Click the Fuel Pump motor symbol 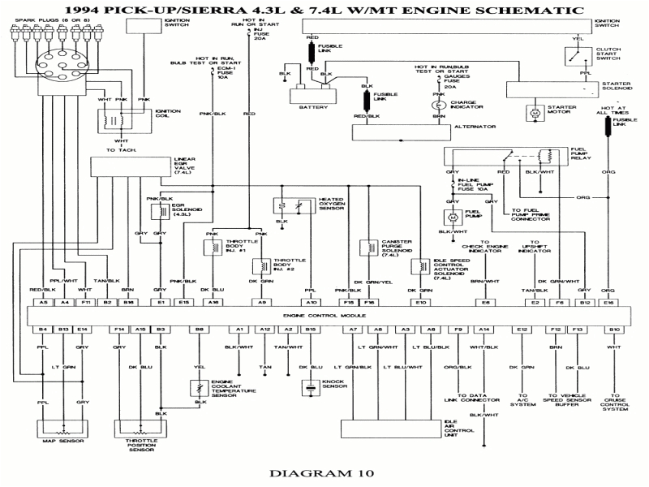pos(452,217)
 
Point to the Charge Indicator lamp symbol pos(438,105)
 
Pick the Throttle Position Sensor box pos(142,428)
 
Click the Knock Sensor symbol pos(310,389)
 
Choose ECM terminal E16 pos(609,302)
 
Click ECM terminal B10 pos(613,329)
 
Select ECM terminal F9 pos(458,329)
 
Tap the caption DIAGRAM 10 pos(324,472)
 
